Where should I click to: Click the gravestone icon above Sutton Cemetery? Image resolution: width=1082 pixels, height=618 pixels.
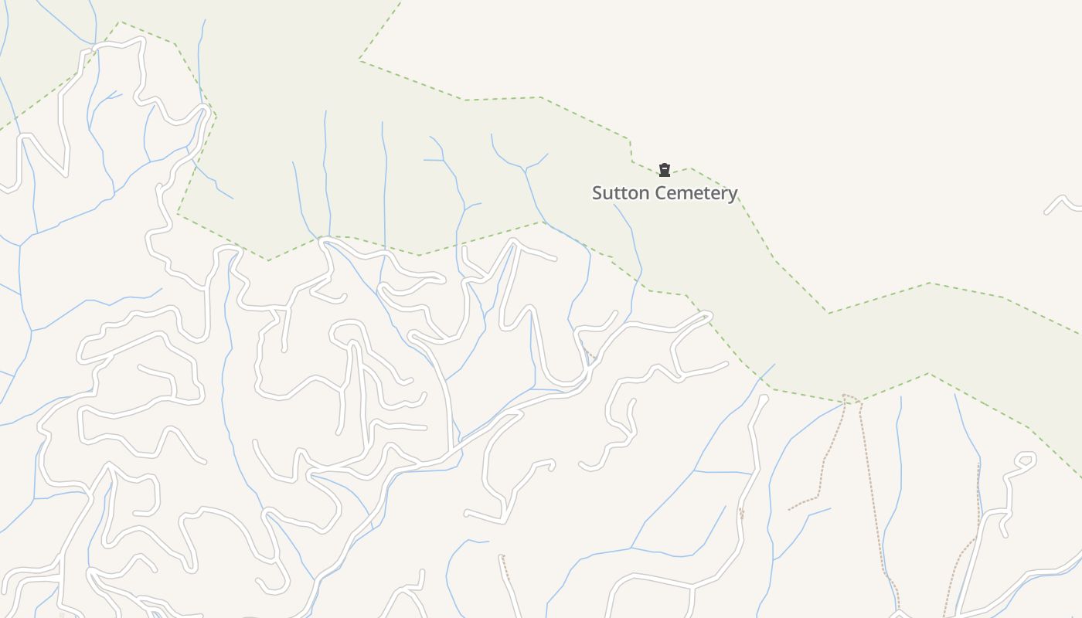pos(664,170)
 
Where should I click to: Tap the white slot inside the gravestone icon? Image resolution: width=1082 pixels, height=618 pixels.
pos(664,168)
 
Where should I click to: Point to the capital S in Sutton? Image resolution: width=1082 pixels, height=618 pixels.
pos(597,193)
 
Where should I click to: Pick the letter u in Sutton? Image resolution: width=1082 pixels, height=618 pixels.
pos(607,194)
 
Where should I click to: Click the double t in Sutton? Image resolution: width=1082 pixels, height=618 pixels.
pos(617,193)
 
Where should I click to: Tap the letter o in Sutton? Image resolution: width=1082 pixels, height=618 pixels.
pos(627,194)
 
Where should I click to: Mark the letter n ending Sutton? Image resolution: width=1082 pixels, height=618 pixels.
pos(637,194)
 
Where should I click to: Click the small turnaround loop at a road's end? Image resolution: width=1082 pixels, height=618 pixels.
pos(1026,460)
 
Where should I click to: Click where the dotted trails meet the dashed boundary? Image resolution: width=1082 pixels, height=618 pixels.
pos(850,399)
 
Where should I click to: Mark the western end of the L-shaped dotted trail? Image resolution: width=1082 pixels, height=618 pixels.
pos(789,509)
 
